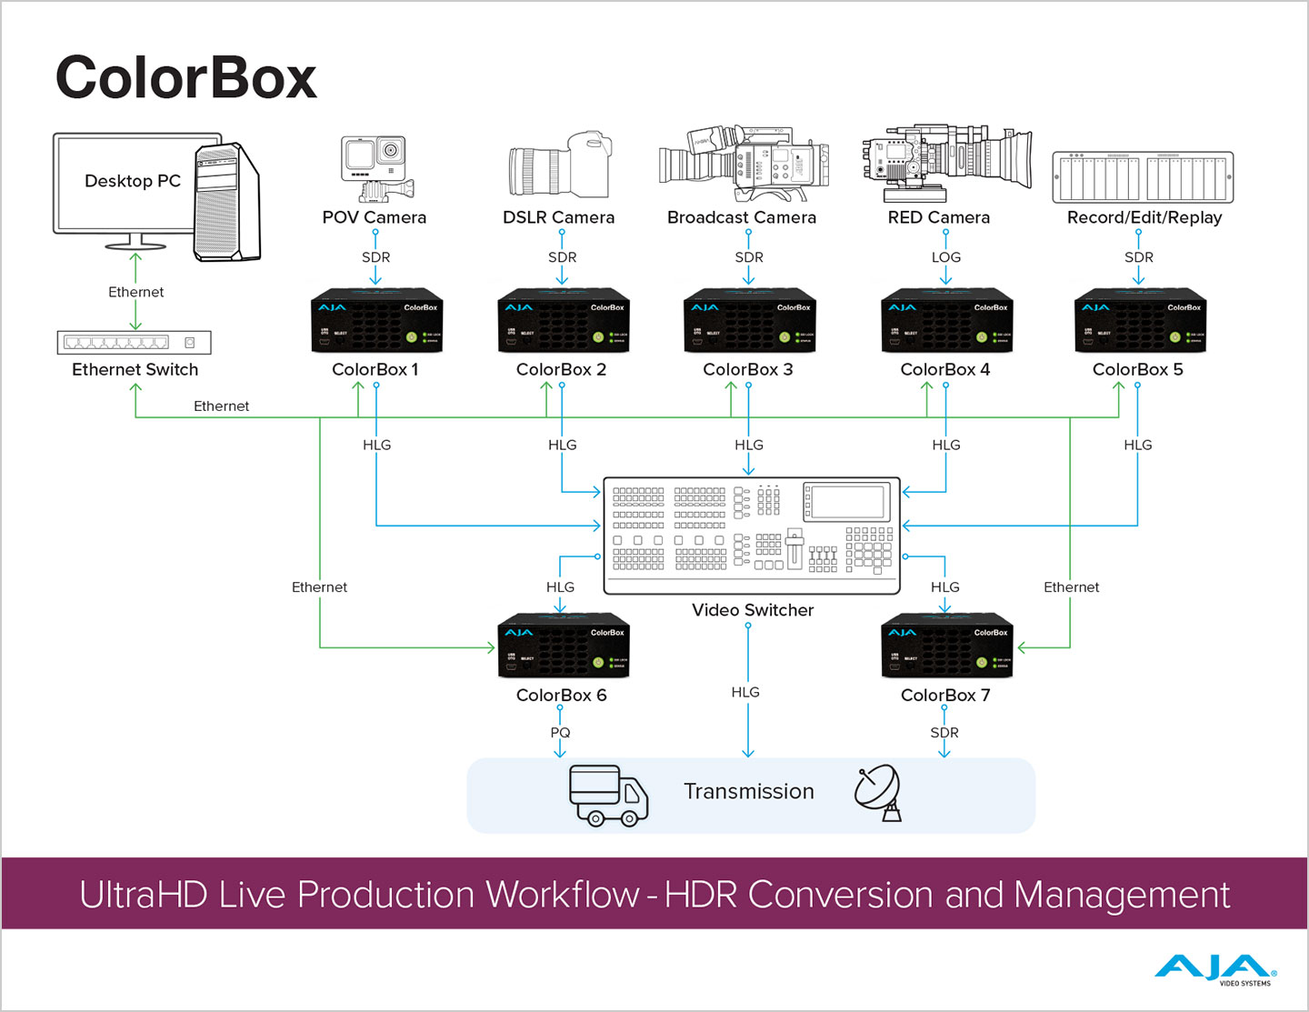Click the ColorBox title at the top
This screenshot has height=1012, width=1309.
185,78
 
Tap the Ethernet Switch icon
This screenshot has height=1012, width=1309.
134,342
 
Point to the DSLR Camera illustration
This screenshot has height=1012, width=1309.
559,165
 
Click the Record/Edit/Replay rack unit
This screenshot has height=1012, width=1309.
1143,177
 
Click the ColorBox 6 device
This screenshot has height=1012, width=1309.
564,646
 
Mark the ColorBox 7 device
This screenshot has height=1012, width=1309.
946,646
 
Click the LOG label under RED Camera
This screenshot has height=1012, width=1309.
945,257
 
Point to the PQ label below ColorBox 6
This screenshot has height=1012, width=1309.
560,733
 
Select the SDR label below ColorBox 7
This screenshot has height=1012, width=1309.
944,733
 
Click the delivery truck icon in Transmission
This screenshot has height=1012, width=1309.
608,795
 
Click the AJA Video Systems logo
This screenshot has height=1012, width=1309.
1215,970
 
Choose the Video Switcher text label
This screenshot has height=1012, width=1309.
753,610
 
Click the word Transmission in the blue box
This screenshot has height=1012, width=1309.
748,792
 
